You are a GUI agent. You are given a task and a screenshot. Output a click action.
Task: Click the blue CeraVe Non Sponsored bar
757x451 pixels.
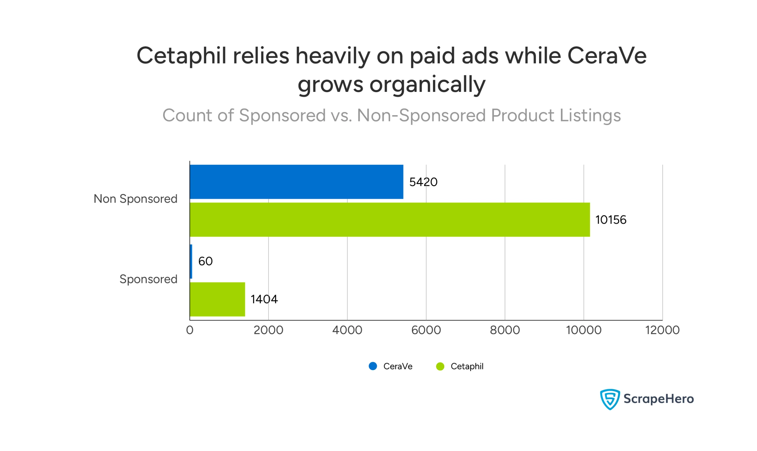coord(296,182)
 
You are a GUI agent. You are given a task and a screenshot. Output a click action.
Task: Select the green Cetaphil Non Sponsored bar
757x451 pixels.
coord(389,219)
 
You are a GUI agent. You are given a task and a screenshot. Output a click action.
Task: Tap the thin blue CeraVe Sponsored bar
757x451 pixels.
coord(191,261)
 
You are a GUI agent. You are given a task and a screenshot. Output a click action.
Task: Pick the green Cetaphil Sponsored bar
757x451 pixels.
coord(217,299)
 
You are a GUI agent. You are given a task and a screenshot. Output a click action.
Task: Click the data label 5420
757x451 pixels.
coord(423,182)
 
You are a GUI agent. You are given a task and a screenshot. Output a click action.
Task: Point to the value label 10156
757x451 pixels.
coord(610,220)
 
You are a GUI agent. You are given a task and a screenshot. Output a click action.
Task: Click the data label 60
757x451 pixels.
coord(206,261)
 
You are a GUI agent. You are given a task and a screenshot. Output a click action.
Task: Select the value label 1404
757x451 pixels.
coord(264,299)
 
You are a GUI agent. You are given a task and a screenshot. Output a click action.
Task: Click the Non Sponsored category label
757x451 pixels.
coord(135,199)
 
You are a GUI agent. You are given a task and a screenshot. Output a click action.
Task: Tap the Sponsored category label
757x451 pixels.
coord(148,279)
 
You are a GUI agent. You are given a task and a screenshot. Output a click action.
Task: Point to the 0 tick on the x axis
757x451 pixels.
coord(190,330)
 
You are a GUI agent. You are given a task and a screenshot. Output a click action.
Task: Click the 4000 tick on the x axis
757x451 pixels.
coord(347,330)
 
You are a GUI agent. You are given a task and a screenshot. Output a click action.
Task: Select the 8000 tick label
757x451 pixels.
coord(505,330)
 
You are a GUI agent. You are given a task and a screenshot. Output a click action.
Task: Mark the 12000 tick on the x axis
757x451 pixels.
coord(662,330)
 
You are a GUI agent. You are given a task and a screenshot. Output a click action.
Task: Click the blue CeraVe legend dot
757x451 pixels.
coord(373,366)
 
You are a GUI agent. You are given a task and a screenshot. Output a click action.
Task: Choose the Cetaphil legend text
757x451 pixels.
coord(467,367)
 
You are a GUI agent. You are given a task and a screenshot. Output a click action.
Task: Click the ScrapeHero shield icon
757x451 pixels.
coord(609,399)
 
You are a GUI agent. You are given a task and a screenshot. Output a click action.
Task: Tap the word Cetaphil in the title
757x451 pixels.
coord(181,56)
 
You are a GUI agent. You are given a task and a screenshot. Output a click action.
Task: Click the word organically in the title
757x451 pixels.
coord(428,84)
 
